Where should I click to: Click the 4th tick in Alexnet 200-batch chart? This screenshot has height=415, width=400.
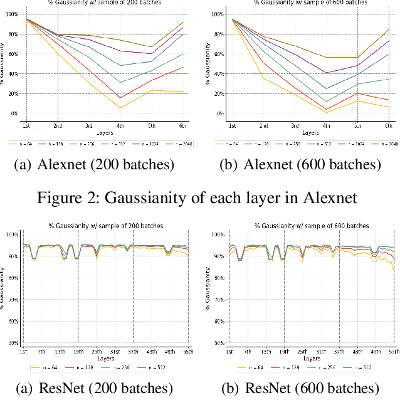coord(120,126)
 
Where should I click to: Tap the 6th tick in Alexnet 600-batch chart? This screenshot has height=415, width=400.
coord(389,126)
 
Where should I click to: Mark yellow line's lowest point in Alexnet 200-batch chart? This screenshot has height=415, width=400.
coord(120,108)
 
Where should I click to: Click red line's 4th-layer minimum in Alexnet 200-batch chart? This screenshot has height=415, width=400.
coord(120,97)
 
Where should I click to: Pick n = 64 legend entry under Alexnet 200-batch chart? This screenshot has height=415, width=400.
coord(22,144)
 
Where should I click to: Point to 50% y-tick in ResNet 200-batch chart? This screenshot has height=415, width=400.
coord(13,344)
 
